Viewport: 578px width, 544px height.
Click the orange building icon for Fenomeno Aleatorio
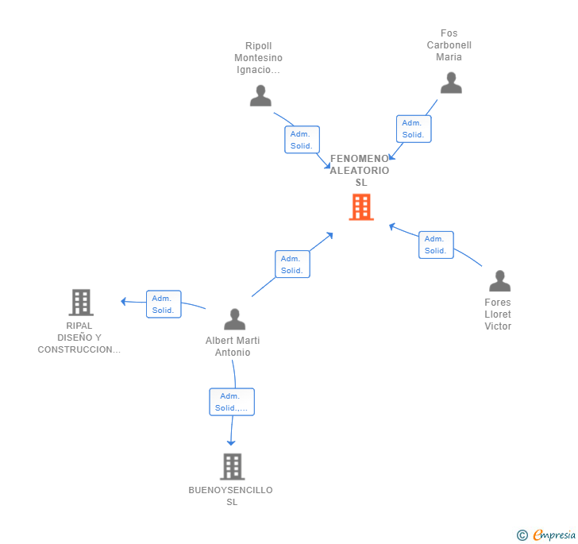(361, 207)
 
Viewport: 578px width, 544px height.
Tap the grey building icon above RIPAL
(81, 302)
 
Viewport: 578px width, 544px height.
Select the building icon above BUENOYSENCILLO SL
(232, 466)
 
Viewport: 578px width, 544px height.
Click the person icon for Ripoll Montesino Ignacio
(260, 95)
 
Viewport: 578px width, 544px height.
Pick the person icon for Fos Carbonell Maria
(451, 83)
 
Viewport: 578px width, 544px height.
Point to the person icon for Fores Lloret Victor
(499, 281)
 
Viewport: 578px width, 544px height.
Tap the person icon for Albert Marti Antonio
(234, 319)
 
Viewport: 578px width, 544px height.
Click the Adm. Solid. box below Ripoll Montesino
(302, 140)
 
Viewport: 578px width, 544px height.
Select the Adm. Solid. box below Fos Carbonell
(414, 129)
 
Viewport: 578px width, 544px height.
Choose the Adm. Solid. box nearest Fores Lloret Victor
(436, 245)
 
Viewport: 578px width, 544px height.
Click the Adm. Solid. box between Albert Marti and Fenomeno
(292, 264)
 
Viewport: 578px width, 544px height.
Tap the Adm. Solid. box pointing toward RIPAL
(164, 304)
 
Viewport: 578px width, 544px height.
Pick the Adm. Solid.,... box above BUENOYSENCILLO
(232, 402)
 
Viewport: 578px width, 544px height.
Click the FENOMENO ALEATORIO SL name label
(360, 171)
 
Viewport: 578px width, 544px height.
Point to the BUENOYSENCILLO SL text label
(231, 496)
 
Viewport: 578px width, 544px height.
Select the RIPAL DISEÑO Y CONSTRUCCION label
(79, 338)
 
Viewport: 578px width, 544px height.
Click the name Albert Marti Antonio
(233, 346)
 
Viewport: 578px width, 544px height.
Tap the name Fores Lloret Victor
(498, 314)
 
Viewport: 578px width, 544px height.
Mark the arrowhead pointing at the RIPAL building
(124, 301)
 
